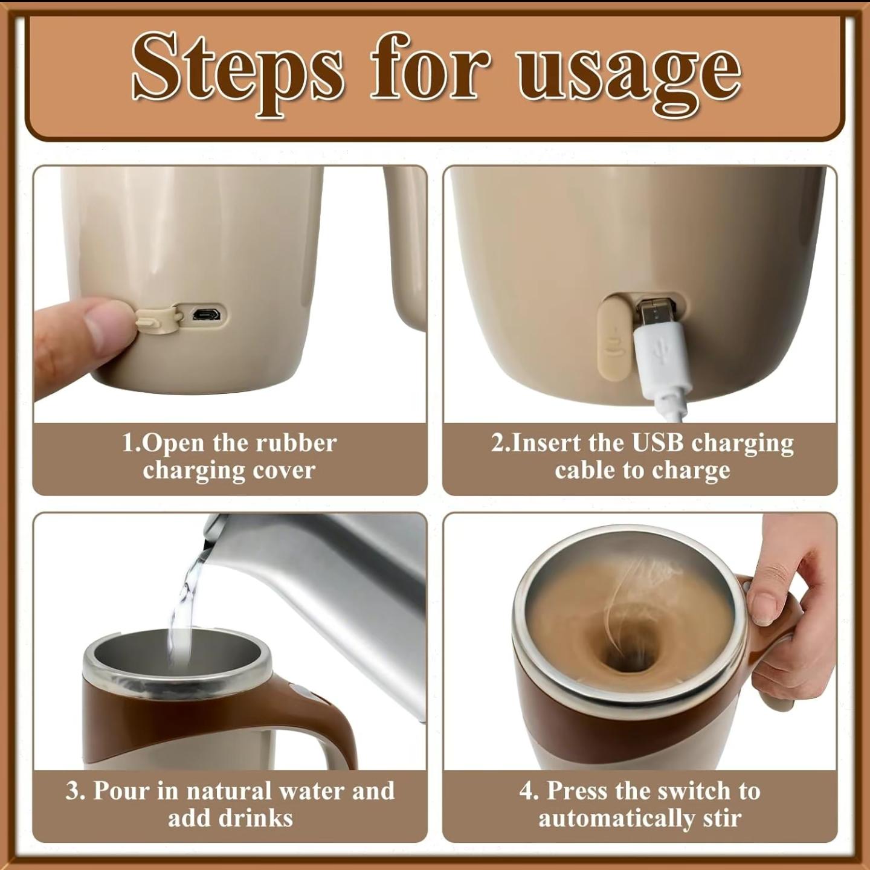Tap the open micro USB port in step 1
coord(205,314)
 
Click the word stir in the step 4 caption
coord(721,819)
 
